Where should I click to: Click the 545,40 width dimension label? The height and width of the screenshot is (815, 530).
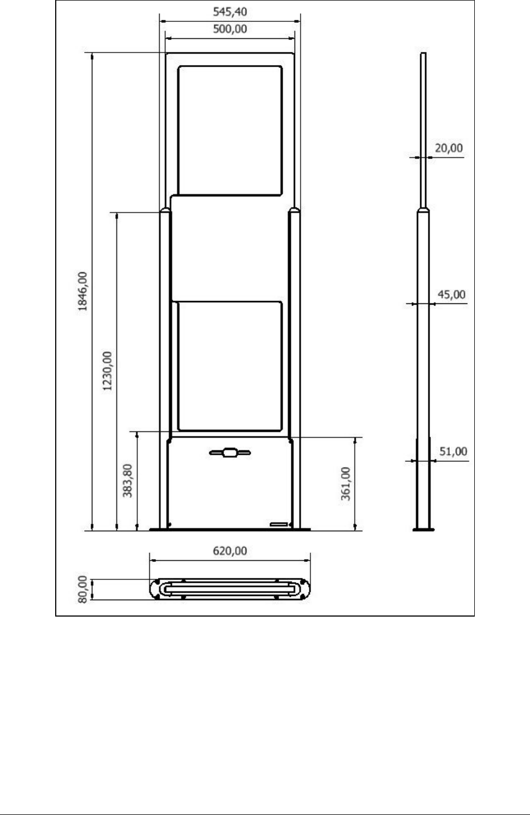(229, 12)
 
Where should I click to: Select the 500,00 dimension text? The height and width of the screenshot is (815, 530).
(229, 29)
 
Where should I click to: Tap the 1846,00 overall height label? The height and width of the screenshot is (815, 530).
(83, 291)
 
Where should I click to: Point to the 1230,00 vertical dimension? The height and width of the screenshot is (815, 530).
(107, 371)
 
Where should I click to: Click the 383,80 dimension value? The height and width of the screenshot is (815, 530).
(127, 480)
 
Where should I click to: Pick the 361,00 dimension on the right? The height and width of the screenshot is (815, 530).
(345, 484)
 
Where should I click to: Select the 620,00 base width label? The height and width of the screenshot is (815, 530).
(229, 551)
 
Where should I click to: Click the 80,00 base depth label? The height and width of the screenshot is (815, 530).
(83, 589)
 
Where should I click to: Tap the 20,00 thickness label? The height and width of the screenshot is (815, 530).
(449, 148)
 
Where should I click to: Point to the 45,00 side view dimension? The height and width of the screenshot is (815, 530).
(451, 294)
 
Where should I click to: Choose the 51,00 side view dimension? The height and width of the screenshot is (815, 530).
(453, 451)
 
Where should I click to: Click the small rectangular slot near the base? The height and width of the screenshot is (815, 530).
(279, 524)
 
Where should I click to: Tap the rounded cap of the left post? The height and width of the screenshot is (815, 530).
(165, 210)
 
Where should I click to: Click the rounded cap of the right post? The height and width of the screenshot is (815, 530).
(295, 210)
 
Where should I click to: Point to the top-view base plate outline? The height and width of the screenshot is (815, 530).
(230, 579)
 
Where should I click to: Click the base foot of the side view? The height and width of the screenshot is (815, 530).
(423, 530)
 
